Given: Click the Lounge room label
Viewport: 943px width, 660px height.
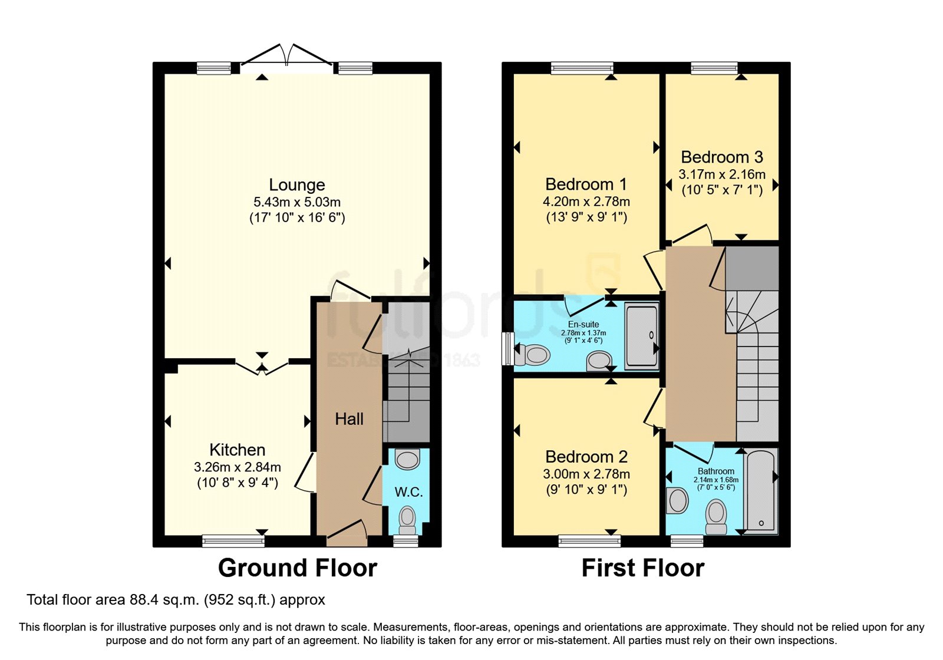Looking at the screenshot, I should point(296,185).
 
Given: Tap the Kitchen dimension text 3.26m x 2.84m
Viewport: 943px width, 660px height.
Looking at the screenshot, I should point(237,467).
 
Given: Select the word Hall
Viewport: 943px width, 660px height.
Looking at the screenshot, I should point(349,419).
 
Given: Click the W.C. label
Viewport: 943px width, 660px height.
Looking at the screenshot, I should point(408,492).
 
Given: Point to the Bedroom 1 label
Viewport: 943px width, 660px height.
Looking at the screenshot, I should point(586,184).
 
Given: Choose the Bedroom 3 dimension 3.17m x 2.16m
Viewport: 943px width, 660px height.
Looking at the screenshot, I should point(721,174).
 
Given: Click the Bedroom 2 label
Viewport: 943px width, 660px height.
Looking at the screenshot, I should point(586,457).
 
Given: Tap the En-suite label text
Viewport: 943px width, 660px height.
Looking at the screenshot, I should point(583,325).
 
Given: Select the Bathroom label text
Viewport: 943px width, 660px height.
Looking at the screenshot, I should point(716,471).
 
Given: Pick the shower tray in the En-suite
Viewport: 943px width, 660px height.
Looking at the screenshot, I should point(641,336).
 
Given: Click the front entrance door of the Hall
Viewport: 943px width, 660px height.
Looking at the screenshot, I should point(347,530).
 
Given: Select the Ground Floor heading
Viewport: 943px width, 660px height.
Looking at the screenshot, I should point(297,568).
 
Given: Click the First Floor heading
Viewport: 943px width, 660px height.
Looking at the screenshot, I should point(642,568).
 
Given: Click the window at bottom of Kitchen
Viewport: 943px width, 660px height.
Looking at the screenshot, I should point(233,540).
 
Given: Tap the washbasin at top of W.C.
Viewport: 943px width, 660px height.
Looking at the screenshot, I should point(407,459).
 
